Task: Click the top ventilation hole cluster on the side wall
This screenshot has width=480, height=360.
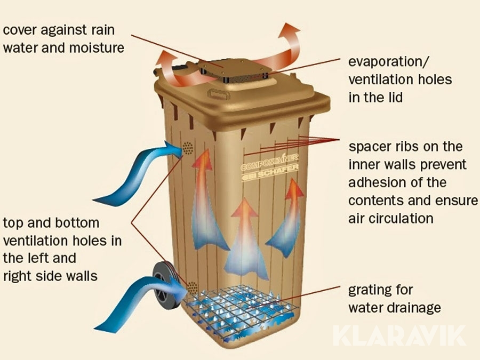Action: tap(188, 149)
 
